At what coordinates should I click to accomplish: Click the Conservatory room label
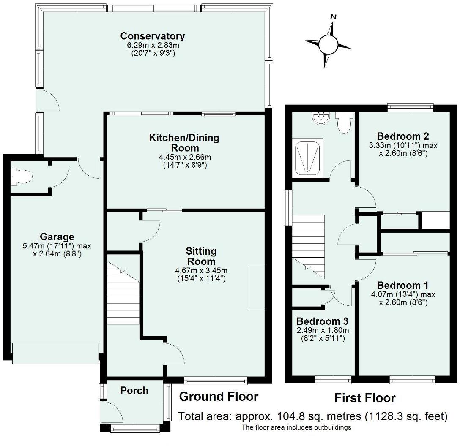153,36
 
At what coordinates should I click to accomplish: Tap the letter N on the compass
333,17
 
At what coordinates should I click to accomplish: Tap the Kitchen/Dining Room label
184,143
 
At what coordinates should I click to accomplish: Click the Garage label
57,237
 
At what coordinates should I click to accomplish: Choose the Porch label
134,390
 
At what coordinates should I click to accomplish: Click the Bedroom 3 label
323,321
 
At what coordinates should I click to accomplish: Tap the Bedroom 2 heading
403,136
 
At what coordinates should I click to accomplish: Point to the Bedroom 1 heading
402,285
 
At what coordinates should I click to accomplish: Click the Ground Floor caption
219,397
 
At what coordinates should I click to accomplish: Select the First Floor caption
365,398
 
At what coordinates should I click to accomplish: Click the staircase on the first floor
308,247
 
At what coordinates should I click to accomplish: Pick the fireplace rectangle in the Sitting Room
256,288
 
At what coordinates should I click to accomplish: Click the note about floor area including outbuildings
296,427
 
